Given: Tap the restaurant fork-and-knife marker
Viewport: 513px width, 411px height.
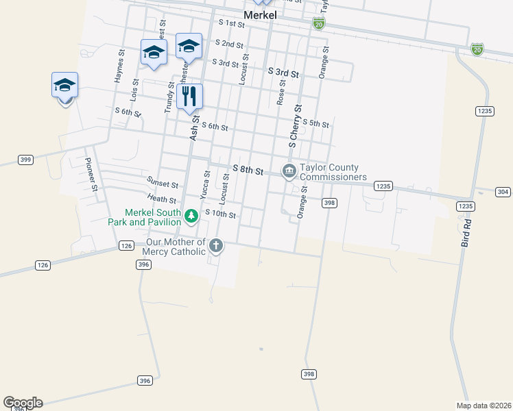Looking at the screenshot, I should (x=189, y=97).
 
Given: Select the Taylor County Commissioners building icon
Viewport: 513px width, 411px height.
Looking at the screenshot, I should (x=289, y=170).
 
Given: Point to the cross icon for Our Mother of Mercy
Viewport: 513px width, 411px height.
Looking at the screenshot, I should (x=216, y=245).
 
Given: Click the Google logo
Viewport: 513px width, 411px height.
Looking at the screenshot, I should (x=23, y=403).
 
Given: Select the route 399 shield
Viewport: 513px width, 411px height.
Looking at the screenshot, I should (x=25, y=160).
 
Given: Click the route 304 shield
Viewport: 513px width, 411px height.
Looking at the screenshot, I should (x=503, y=192).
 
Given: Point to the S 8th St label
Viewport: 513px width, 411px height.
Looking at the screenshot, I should (x=248, y=170).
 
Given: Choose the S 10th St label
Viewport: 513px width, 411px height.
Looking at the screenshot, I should (x=221, y=215).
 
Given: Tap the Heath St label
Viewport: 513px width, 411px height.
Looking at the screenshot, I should (x=162, y=199).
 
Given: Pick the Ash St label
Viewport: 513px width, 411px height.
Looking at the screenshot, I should (x=194, y=128).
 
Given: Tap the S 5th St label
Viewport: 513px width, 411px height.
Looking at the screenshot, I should (x=315, y=124).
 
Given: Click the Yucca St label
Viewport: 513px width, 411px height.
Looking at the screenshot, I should (x=204, y=186).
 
